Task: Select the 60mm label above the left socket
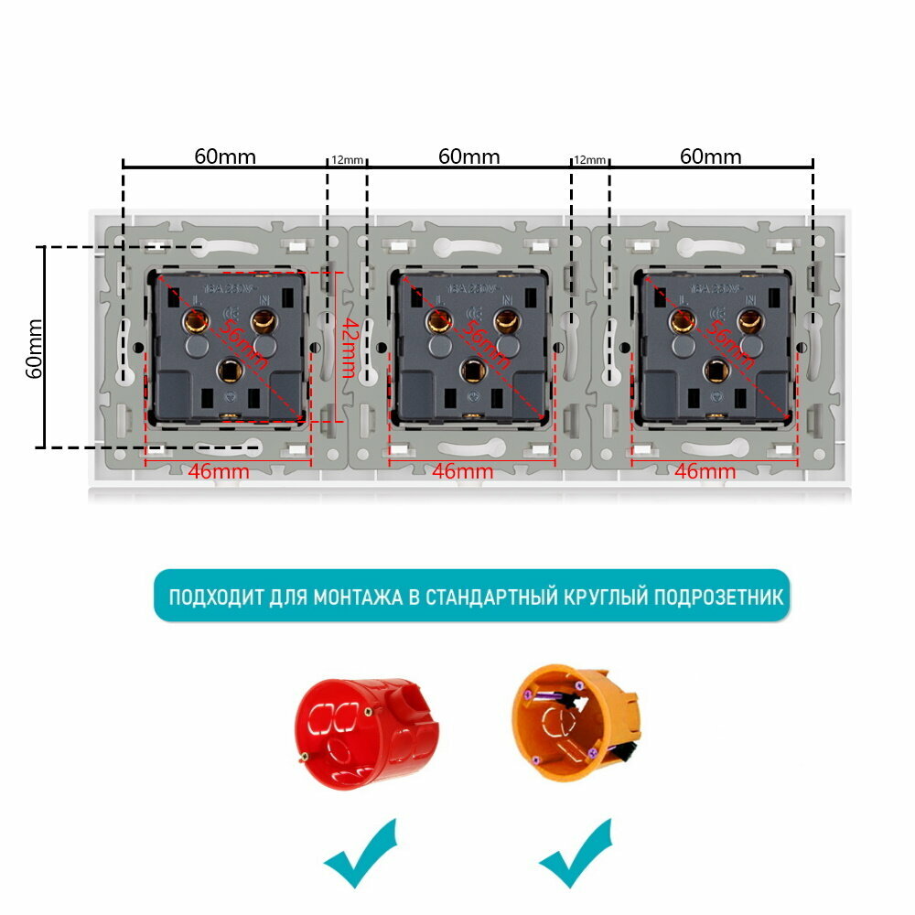[x=225, y=156]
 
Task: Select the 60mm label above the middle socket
[x=468, y=156]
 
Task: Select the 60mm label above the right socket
[x=711, y=156]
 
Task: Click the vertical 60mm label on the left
[x=33, y=348]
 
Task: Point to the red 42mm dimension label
[x=348, y=348]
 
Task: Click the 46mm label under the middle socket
[x=463, y=472]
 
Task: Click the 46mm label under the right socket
[x=705, y=472]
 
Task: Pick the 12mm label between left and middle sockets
[x=347, y=160]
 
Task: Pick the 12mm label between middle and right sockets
[x=589, y=160]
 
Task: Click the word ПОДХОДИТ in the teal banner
[x=215, y=597]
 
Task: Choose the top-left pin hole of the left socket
[x=194, y=320]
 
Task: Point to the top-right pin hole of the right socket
[x=750, y=320]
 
